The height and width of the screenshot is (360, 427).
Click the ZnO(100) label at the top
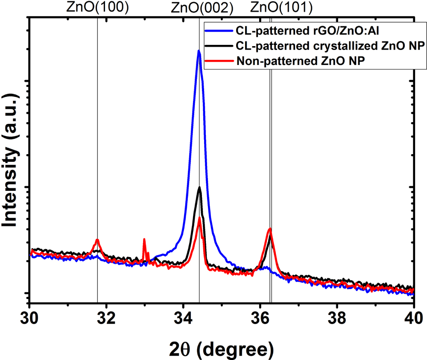point(97,8)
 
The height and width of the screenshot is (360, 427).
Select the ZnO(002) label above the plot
point(199,8)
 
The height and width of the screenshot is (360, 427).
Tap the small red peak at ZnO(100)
point(97,240)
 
